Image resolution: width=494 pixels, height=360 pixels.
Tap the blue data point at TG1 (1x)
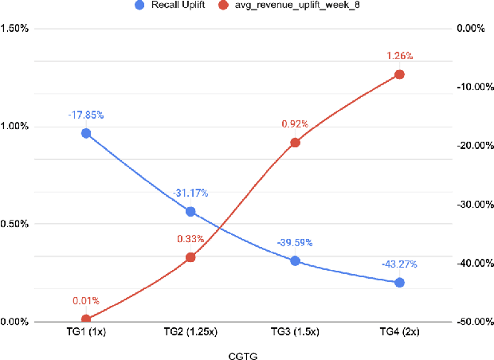86,133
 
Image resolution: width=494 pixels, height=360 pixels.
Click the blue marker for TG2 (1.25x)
190,212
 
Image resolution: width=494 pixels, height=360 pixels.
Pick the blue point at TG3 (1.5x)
295,260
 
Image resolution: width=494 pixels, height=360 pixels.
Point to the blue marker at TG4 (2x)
399,282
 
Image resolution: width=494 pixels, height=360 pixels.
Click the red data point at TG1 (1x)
86,319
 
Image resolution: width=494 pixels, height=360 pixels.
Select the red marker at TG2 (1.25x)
190,257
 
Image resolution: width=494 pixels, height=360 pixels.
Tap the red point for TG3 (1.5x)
295,143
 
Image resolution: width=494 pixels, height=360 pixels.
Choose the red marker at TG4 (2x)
399,74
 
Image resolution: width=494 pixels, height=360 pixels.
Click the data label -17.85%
86,115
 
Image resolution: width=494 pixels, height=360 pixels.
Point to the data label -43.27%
399,264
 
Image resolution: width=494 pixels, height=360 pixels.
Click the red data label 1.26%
399,56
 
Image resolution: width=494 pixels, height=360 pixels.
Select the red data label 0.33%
190,238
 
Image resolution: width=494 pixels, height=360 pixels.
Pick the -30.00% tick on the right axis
469,205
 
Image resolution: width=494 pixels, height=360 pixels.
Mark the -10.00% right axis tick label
469,87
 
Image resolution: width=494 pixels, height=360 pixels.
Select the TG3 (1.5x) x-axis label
295,330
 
